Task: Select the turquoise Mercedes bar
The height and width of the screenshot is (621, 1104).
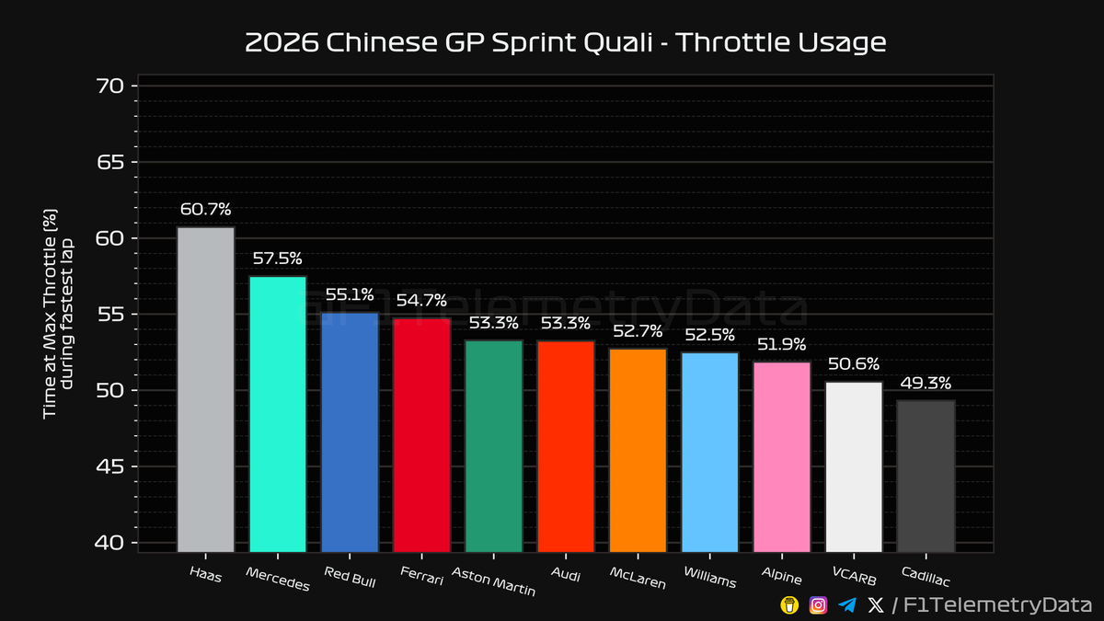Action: tap(277, 414)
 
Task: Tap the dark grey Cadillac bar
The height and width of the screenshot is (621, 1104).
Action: tap(926, 476)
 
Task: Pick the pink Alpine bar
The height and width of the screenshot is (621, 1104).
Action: tap(782, 456)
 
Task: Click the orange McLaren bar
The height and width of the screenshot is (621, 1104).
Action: tap(638, 450)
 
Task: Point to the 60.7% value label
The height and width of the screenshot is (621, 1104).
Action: tap(205, 209)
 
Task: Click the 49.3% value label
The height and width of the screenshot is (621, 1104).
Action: tap(926, 382)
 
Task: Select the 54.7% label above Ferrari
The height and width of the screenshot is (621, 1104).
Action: tap(421, 300)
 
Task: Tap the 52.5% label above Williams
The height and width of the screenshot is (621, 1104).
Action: tap(709, 335)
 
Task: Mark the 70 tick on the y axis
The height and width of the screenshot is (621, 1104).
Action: tap(109, 86)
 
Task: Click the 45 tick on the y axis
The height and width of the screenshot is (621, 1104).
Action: tap(109, 467)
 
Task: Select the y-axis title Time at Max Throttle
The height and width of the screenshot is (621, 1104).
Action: tap(51, 313)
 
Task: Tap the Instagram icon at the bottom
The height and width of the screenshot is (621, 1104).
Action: tap(818, 604)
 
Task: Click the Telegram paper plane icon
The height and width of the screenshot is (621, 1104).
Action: tap(847, 604)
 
